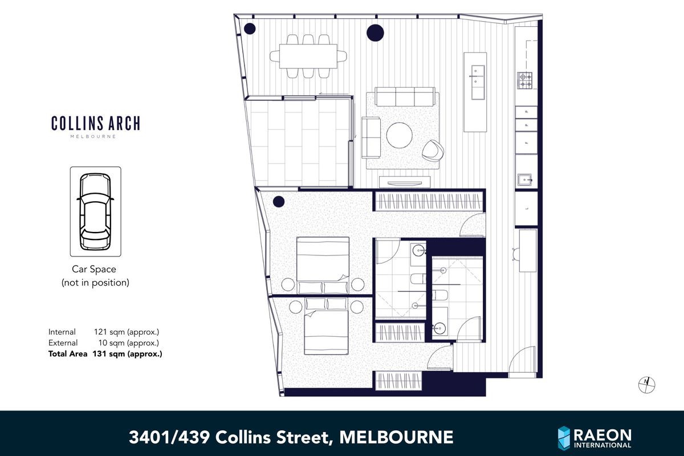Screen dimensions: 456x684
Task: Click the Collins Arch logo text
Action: [x=95, y=123]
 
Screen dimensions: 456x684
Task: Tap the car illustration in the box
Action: [x=95, y=211]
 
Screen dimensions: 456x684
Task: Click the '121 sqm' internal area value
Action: [x=108, y=332]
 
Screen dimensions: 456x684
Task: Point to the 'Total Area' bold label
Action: [x=68, y=354]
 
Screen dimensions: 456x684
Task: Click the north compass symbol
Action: [x=646, y=385]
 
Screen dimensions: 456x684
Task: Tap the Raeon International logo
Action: [x=594, y=437]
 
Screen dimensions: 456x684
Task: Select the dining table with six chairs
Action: [x=308, y=56]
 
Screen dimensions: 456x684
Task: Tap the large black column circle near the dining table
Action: [x=374, y=33]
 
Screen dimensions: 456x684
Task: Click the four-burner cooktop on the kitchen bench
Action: [x=524, y=80]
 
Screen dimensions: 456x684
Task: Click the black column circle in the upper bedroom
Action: [x=279, y=201]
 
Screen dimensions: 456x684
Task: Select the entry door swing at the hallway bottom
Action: [x=522, y=363]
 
